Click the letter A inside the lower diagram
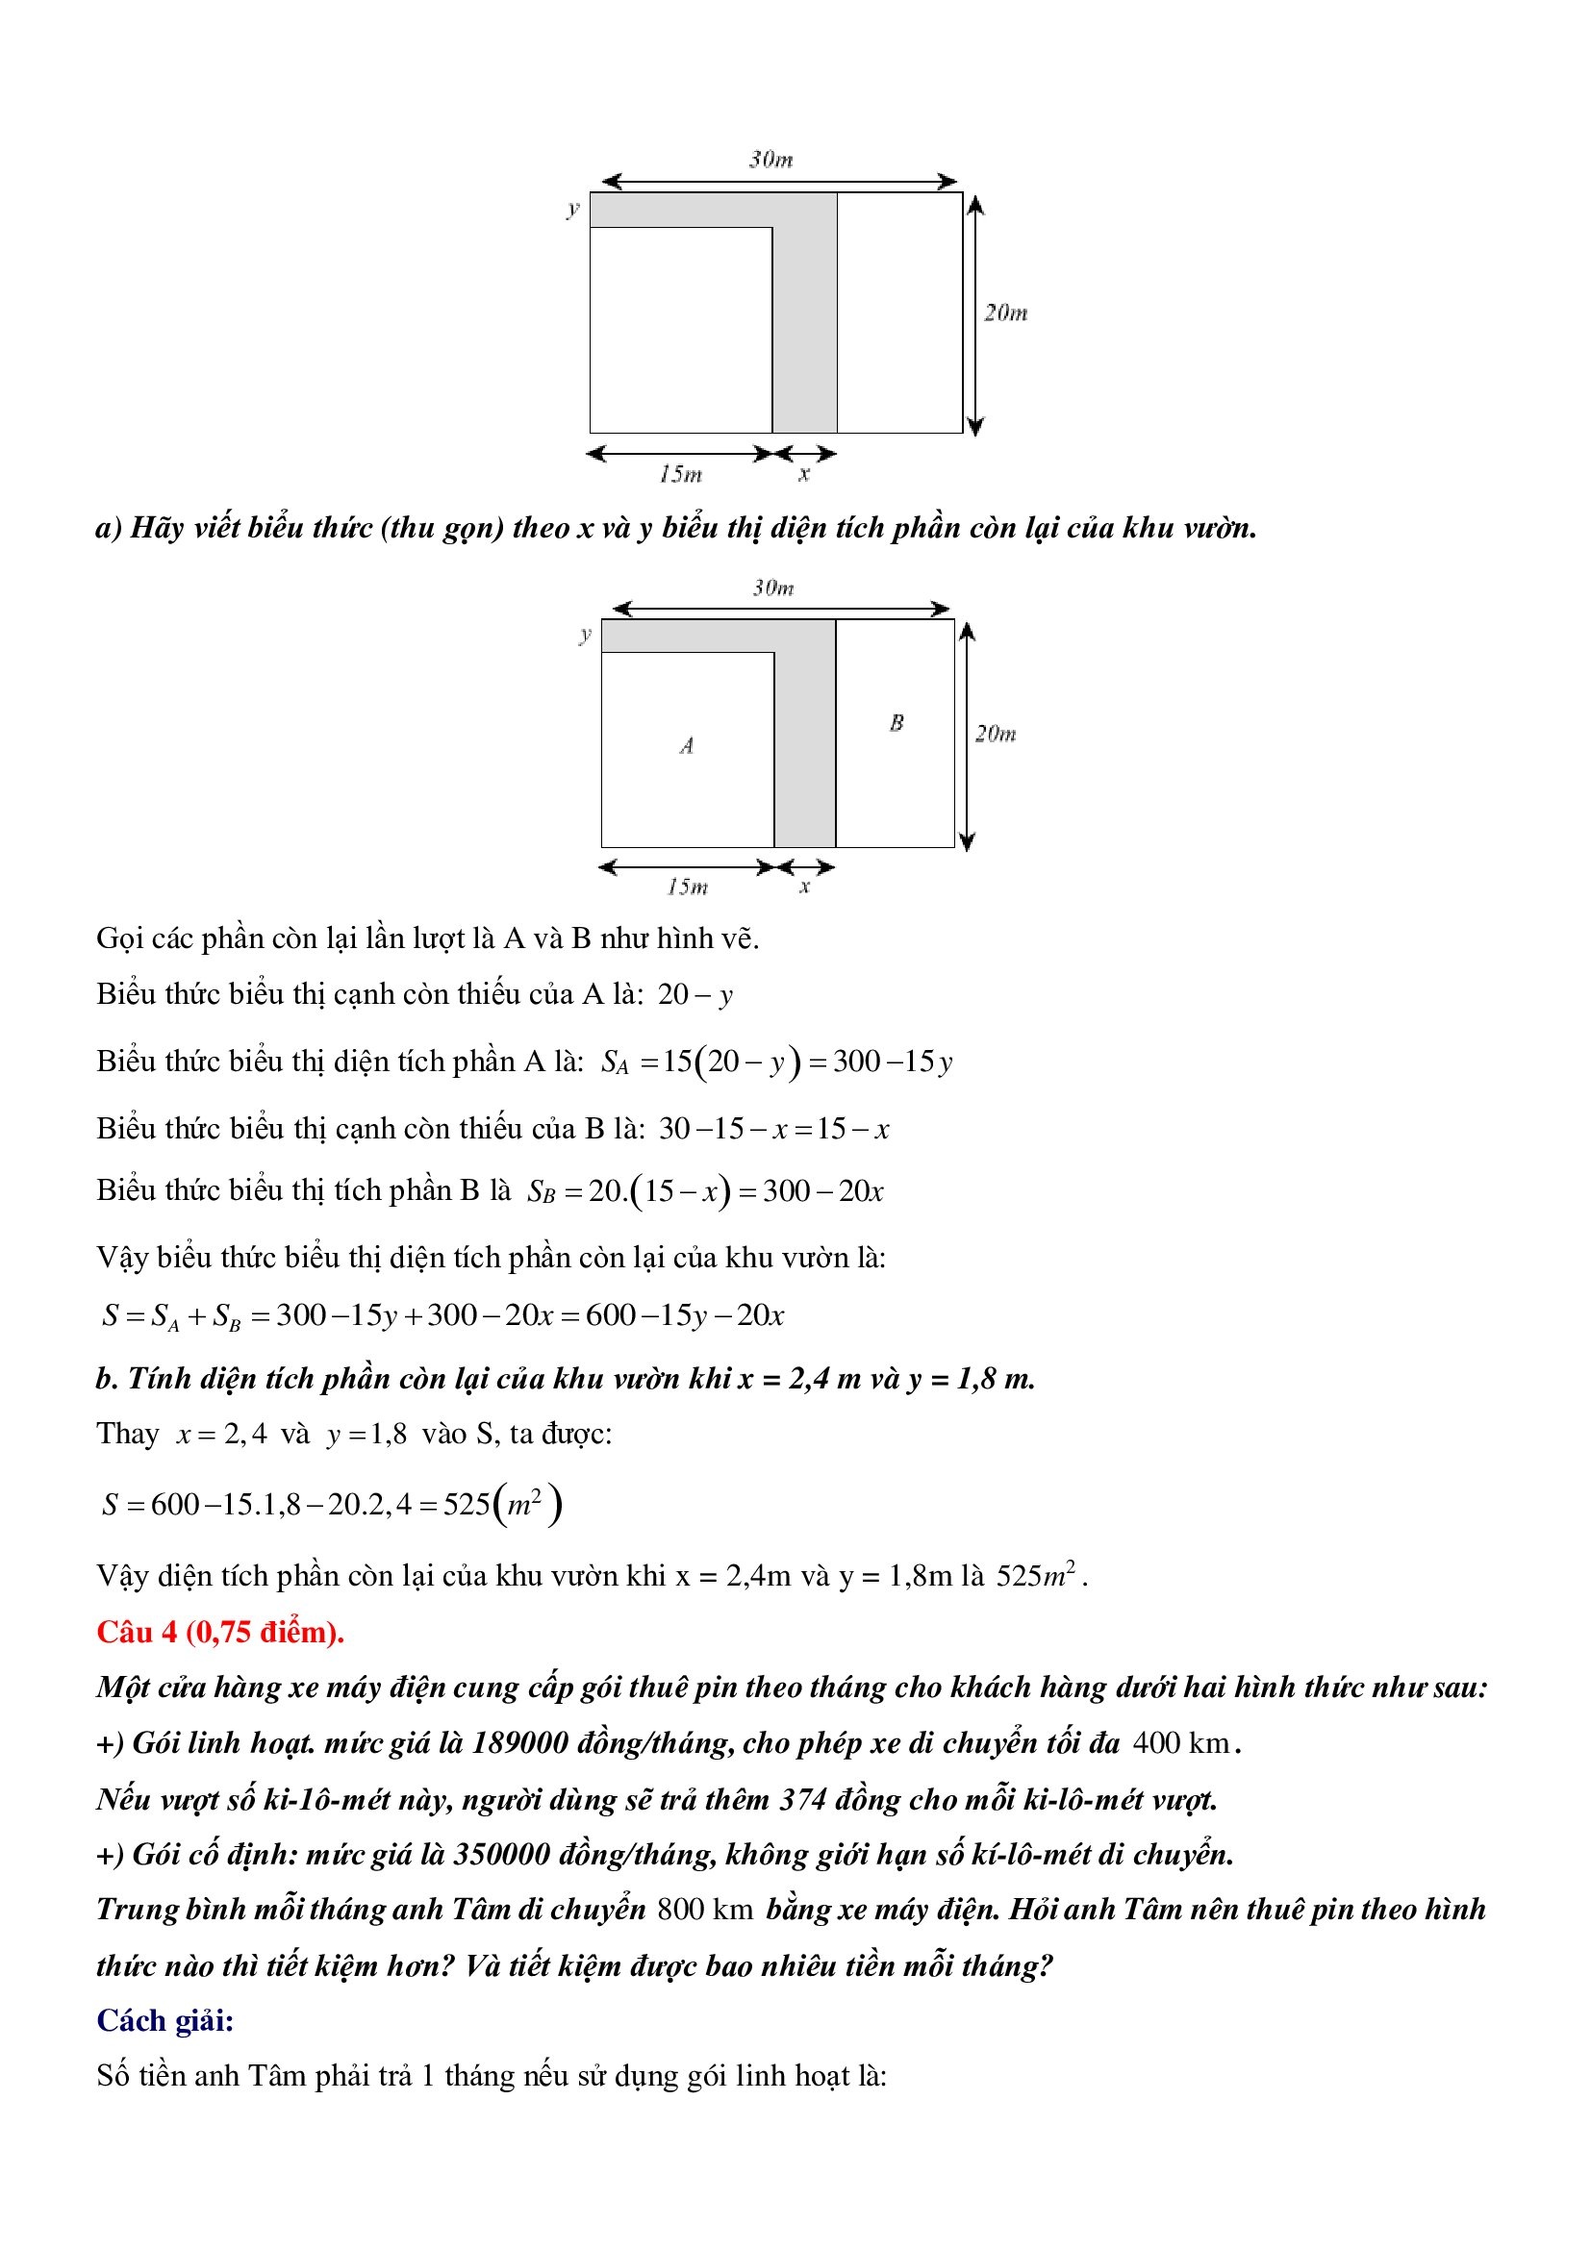(687, 746)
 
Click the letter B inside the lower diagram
(896, 723)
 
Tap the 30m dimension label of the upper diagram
(771, 160)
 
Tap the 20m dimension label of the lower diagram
(995, 734)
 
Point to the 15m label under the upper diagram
(680, 474)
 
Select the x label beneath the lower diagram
(805, 887)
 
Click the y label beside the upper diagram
(573, 209)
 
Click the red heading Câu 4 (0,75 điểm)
(220, 1632)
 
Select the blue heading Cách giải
(164, 2019)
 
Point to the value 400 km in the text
(1180, 1742)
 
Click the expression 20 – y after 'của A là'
(695, 994)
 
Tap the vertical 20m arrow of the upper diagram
(974, 314)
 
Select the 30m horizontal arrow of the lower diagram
(781, 609)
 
